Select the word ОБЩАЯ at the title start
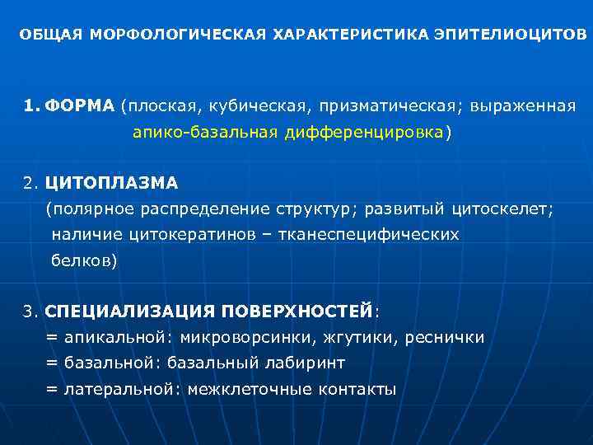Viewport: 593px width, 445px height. coord(52,35)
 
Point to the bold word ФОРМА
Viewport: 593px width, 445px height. coord(80,107)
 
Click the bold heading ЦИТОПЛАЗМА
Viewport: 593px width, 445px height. coord(111,181)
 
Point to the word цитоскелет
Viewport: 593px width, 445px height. coord(508,209)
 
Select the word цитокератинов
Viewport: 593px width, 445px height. coord(175,236)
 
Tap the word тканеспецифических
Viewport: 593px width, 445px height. coord(368,236)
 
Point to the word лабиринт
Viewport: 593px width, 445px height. coord(306,363)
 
